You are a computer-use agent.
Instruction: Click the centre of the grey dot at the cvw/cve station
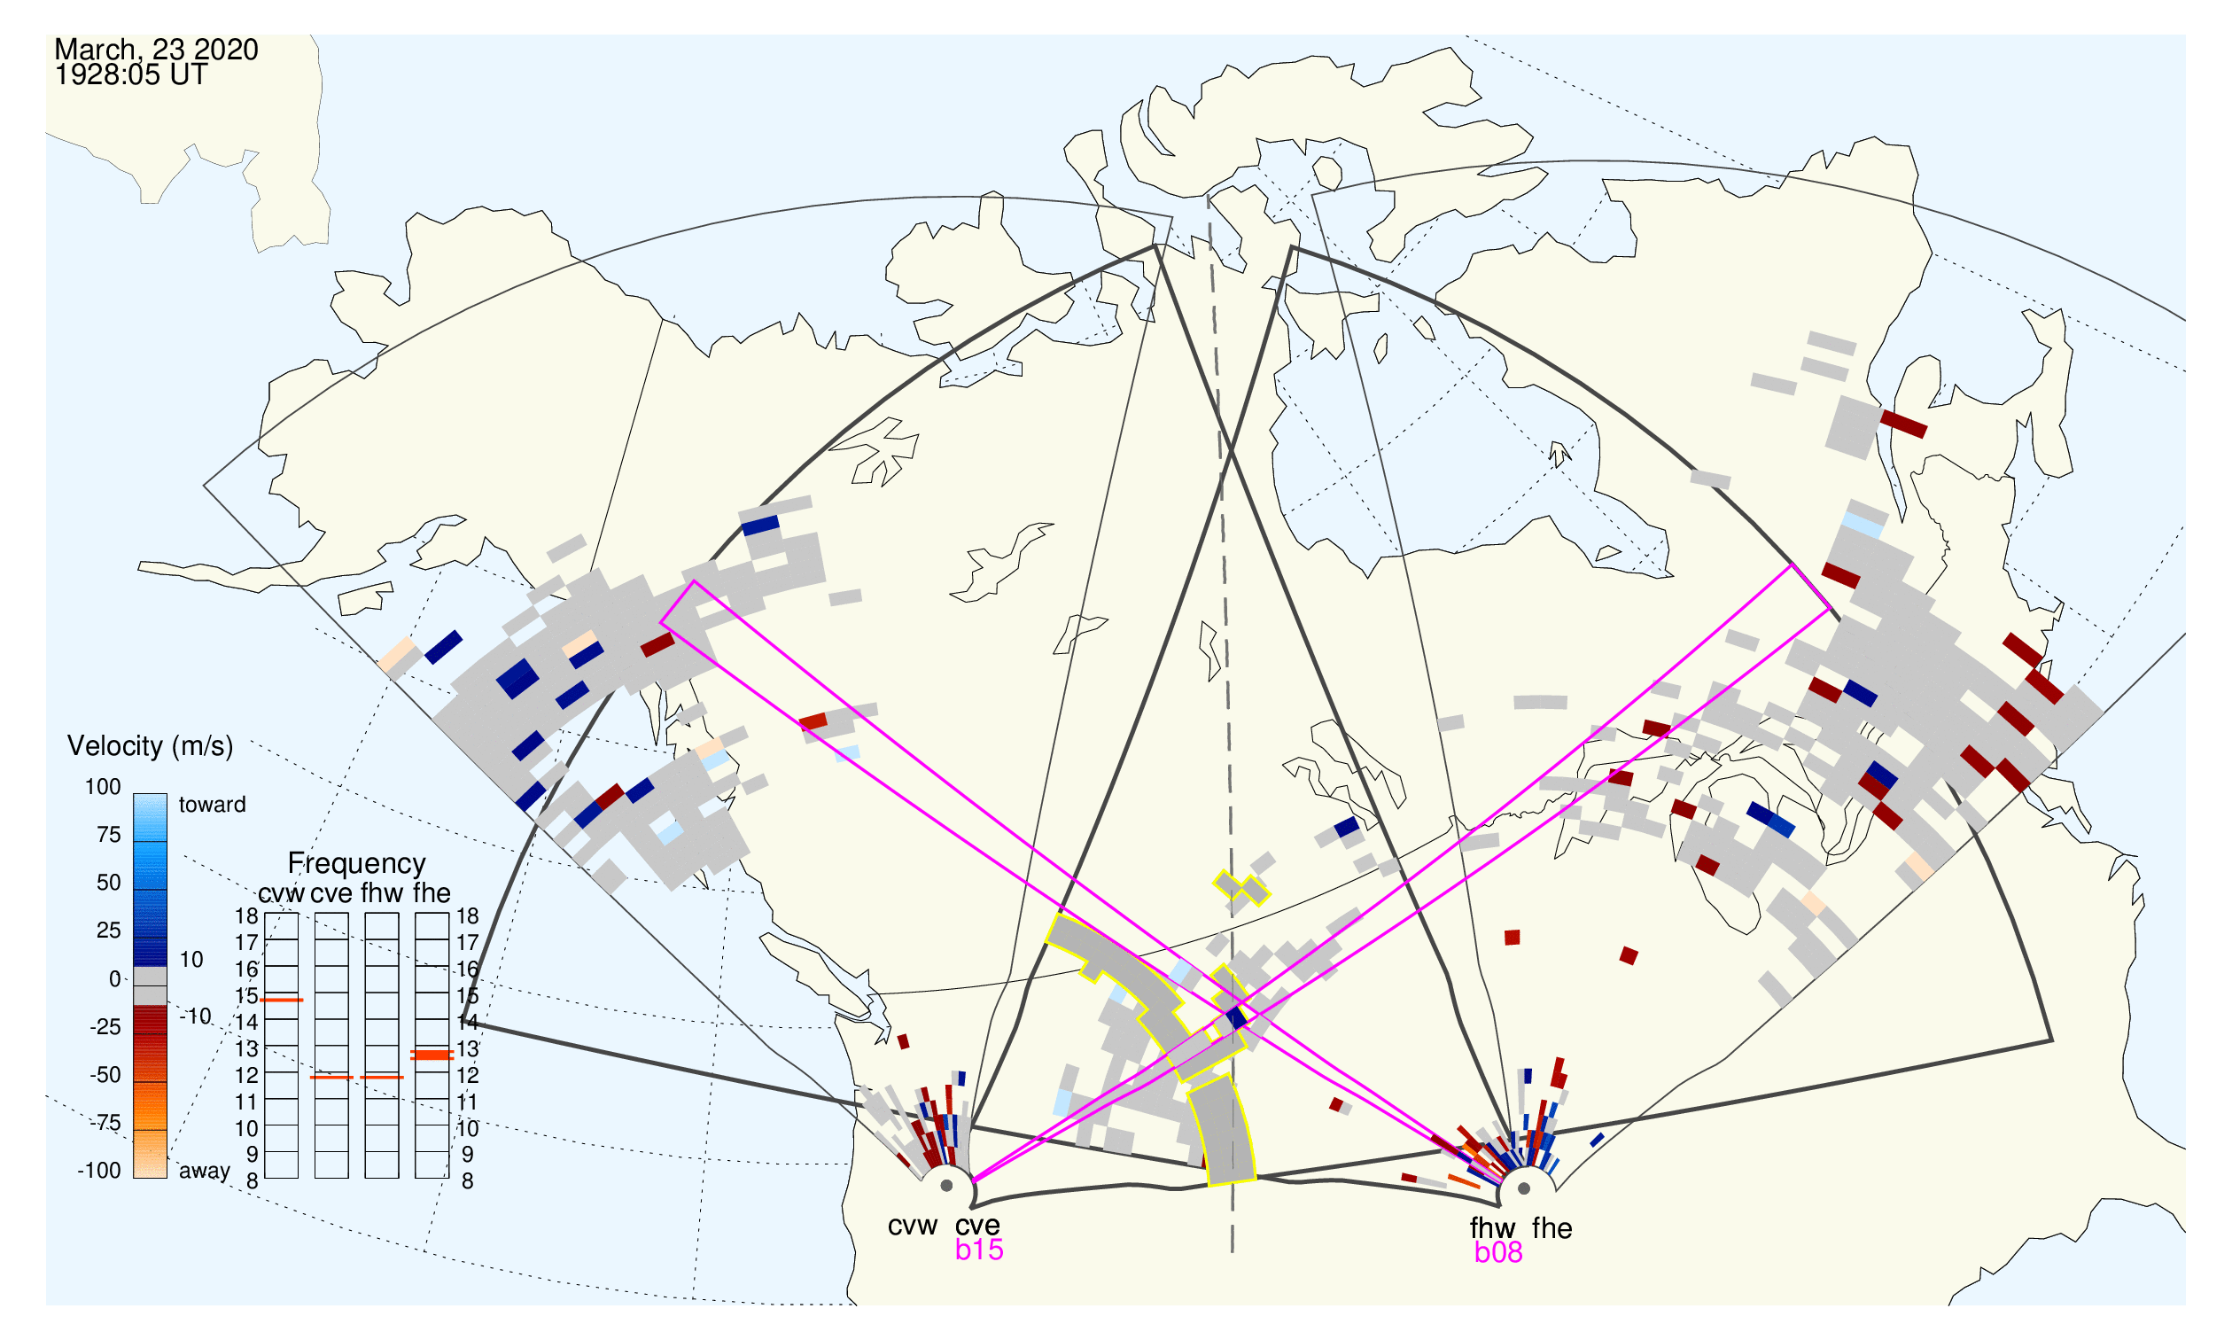pos(946,1187)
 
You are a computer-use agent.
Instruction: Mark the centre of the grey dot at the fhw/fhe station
pos(1524,1188)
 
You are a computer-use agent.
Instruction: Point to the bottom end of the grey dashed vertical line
pos(1232,1251)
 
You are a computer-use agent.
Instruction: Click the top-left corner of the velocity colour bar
pos(134,794)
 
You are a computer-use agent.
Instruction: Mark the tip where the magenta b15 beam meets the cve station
pos(971,1182)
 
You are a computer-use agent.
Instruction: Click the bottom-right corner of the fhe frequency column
pos(448,1179)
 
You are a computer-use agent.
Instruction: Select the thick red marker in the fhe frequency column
pos(432,1055)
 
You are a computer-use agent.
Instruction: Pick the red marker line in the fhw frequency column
pos(382,1077)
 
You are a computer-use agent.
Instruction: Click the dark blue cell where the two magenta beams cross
pos(1235,1018)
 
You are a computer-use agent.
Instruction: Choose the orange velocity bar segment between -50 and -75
pos(150,1106)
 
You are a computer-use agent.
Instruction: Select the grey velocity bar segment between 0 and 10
pos(150,976)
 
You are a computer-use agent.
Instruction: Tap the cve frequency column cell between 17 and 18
pos(331,926)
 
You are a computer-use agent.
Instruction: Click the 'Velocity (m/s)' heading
pos(150,746)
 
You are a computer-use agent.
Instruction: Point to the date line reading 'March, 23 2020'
pos(156,49)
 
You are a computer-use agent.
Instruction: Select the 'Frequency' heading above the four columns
pos(356,863)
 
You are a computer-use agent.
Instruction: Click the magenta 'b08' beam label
pos(1497,1252)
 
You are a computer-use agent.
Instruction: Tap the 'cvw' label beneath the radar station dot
pos(912,1227)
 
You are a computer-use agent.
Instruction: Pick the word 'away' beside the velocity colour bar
pos(205,1171)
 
